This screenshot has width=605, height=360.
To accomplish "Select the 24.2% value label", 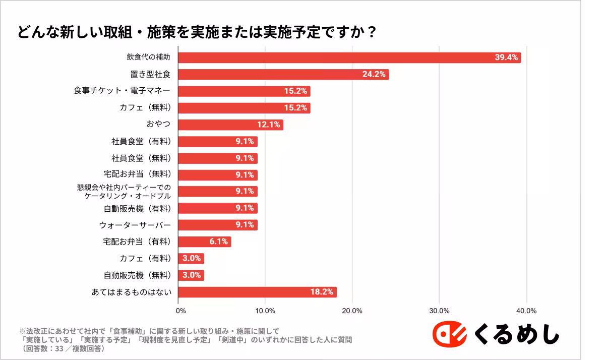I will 374,74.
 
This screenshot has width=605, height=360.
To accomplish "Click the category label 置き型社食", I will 150,74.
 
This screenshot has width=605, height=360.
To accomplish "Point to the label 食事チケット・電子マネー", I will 122,91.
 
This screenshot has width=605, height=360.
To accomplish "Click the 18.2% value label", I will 322,292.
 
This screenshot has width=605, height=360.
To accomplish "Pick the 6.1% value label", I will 219,242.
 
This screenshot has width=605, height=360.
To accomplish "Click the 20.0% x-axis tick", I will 352,311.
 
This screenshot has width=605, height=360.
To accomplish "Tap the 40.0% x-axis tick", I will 527,311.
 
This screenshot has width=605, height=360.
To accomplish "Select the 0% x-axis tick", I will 178,311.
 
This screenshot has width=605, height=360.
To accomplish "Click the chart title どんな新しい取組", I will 197,32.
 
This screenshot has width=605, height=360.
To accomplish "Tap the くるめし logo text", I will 517,334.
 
